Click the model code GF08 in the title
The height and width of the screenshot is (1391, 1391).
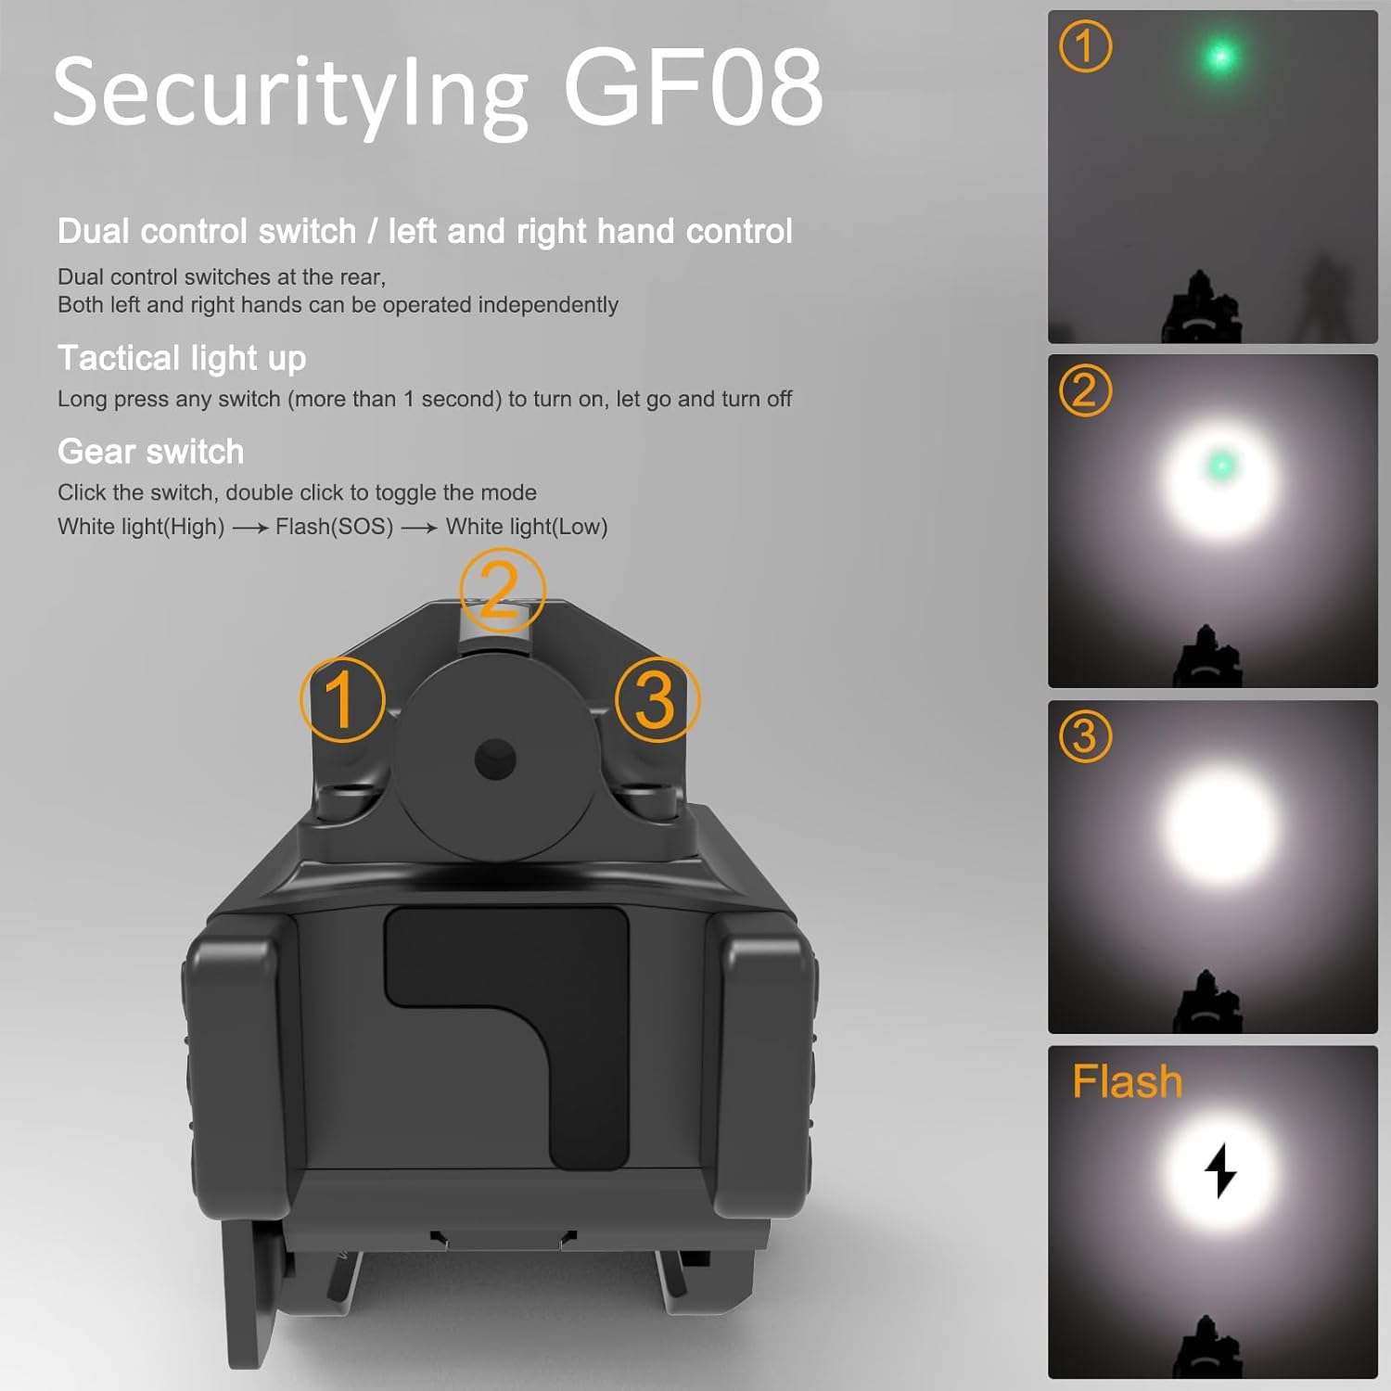pyautogui.click(x=693, y=89)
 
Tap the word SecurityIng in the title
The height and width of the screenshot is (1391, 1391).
pyautogui.click(x=289, y=93)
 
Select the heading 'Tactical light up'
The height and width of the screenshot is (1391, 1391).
pyautogui.click(x=182, y=358)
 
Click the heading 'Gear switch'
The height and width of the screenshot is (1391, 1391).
pyautogui.click(x=151, y=452)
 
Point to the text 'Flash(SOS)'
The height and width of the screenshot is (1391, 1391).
pyautogui.click(x=334, y=527)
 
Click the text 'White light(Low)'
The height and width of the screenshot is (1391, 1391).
pyautogui.click(x=527, y=527)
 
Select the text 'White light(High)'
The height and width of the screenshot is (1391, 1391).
pyautogui.click(x=141, y=527)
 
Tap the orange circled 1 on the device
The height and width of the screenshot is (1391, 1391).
pyautogui.click(x=342, y=699)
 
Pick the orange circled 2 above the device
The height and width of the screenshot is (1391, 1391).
pyautogui.click(x=502, y=590)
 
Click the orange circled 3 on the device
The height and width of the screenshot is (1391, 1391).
pyautogui.click(x=657, y=699)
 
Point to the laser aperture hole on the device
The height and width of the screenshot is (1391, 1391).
pyautogui.click(x=495, y=759)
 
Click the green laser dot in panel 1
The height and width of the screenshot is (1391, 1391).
pyautogui.click(x=1220, y=57)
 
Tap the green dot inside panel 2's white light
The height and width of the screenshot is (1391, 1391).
pyautogui.click(x=1221, y=464)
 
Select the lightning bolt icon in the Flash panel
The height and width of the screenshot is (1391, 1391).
pyautogui.click(x=1220, y=1169)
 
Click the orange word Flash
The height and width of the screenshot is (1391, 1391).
pyautogui.click(x=1128, y=1081)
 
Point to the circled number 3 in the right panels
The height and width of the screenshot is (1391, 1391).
pyautogui.click(x=1085, y=736)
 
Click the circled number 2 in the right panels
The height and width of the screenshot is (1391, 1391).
pyautogui.click(x=1085, y=390)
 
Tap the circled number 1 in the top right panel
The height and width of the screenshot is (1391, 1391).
pyautogui.click(x=1085, y=46)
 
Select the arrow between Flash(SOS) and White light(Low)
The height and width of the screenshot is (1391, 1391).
pyautogui.click(x=419, y=528)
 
